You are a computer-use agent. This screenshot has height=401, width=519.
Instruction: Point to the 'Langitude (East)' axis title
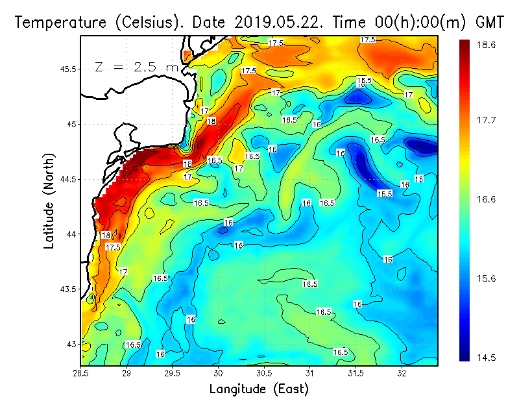coord(259,389)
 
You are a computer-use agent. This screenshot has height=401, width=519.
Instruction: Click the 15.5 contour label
coord(385,194)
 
